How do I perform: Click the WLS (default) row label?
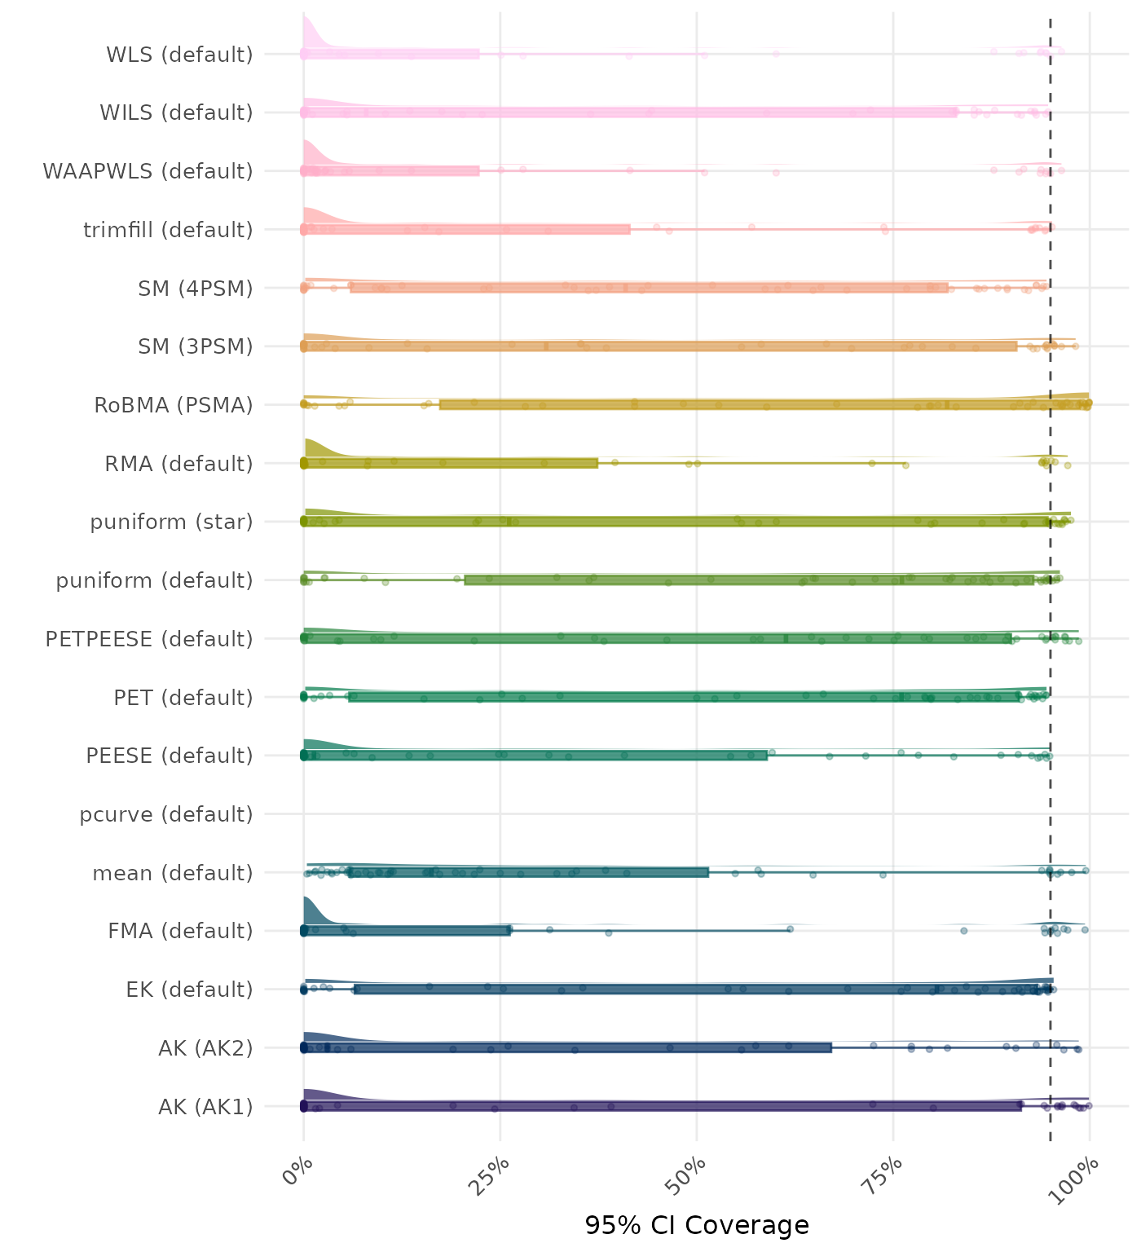[x=179, y=55]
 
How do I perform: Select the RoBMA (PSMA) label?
[x=174, y=405]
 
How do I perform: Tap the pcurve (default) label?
[x=166, y=814]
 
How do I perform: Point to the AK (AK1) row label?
[x=205, y=1107]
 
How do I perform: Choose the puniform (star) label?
[x=171, y=522]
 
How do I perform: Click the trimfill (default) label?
[x=168, y=230]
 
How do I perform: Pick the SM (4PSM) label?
[x=196, y=289]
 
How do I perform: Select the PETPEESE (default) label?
[x=149, y=639]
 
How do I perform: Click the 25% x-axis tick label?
[x=494, y=1174]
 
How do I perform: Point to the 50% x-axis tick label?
[x=690, y=1174]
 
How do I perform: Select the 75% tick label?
[x=887, y=1174]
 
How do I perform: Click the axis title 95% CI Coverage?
[x=697, y=1225]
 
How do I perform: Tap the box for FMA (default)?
[x=407, y=931]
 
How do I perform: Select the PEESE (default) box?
[x=535, y=756]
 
